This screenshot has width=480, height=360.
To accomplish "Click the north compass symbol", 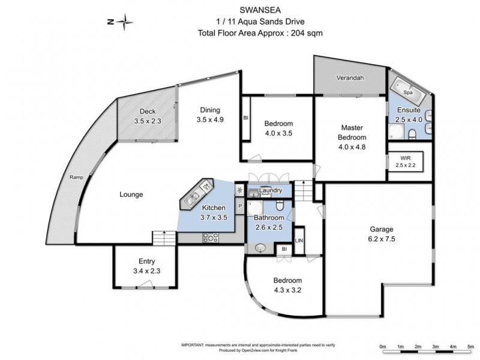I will click(124, 23).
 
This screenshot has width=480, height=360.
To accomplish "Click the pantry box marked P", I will click(240, 206).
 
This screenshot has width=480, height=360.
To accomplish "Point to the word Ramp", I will click(76, 177).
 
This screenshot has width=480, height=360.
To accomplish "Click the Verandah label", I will click(349, 78).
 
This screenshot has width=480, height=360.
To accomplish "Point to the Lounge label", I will click(131, 194).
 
